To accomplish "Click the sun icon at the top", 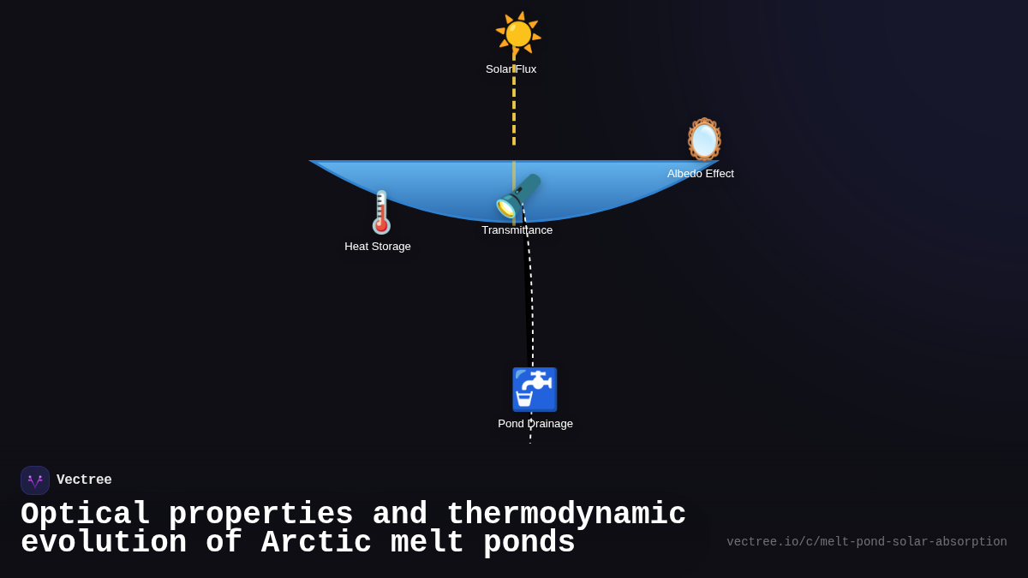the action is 518,34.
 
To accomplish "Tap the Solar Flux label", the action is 511,69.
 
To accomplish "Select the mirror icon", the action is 704,140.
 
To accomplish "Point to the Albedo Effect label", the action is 701,174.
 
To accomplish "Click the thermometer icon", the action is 381,212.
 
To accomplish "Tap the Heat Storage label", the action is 378,247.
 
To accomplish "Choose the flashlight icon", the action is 518,196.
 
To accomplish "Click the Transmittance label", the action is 517,230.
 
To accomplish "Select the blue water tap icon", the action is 535,390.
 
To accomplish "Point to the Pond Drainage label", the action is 535,424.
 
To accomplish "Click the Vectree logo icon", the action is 35,480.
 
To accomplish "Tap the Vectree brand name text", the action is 84,480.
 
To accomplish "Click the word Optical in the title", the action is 85,515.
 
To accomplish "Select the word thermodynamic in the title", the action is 566,515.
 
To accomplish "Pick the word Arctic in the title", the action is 316,543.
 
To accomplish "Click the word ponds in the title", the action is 529,543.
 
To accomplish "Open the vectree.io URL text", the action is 866,542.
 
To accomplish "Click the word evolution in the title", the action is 104,543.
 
